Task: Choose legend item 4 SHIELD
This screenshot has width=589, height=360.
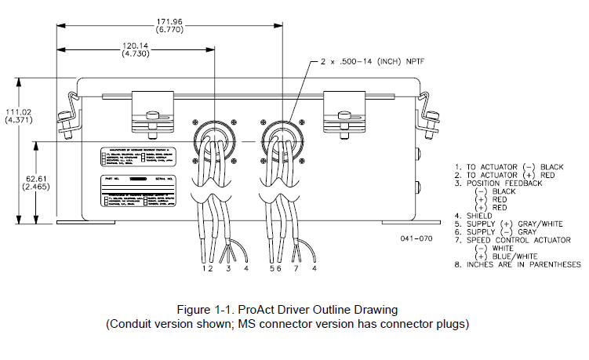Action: coord(480,215)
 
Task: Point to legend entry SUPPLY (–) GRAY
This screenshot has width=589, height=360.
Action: coord(502,232)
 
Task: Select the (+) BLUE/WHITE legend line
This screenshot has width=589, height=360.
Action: coord(511,256)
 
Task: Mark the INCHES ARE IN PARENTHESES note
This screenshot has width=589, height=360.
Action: coord(518,264)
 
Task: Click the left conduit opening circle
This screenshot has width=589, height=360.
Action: coord(213,136)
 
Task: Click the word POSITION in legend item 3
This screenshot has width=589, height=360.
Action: coord(488,183)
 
